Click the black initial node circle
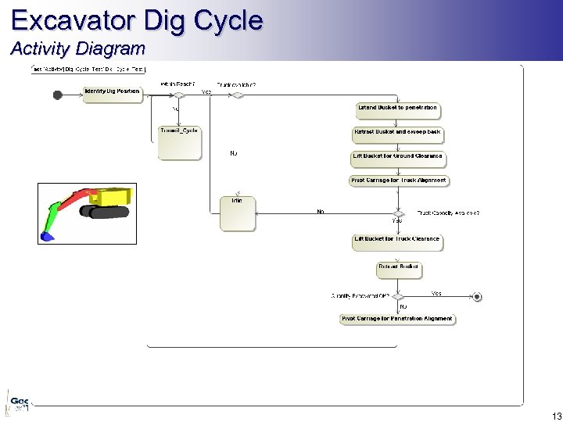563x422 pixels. coord(57,95)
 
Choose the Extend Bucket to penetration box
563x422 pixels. coord(397,108)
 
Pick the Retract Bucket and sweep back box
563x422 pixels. coord(397,132)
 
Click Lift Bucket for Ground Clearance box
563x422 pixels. coord(397,156)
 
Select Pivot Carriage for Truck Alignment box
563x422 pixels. coord(398,181)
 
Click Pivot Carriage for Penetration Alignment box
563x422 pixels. coord(397,319)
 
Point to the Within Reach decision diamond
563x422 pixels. coord(178,95)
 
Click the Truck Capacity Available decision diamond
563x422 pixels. coord(398,213)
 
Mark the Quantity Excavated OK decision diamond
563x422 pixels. coord(397,297)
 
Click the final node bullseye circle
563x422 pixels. coord(477,297)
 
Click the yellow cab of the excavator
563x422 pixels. coord(113,196)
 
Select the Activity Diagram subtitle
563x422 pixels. coord(77,48)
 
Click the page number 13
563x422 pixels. coord(556,416)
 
